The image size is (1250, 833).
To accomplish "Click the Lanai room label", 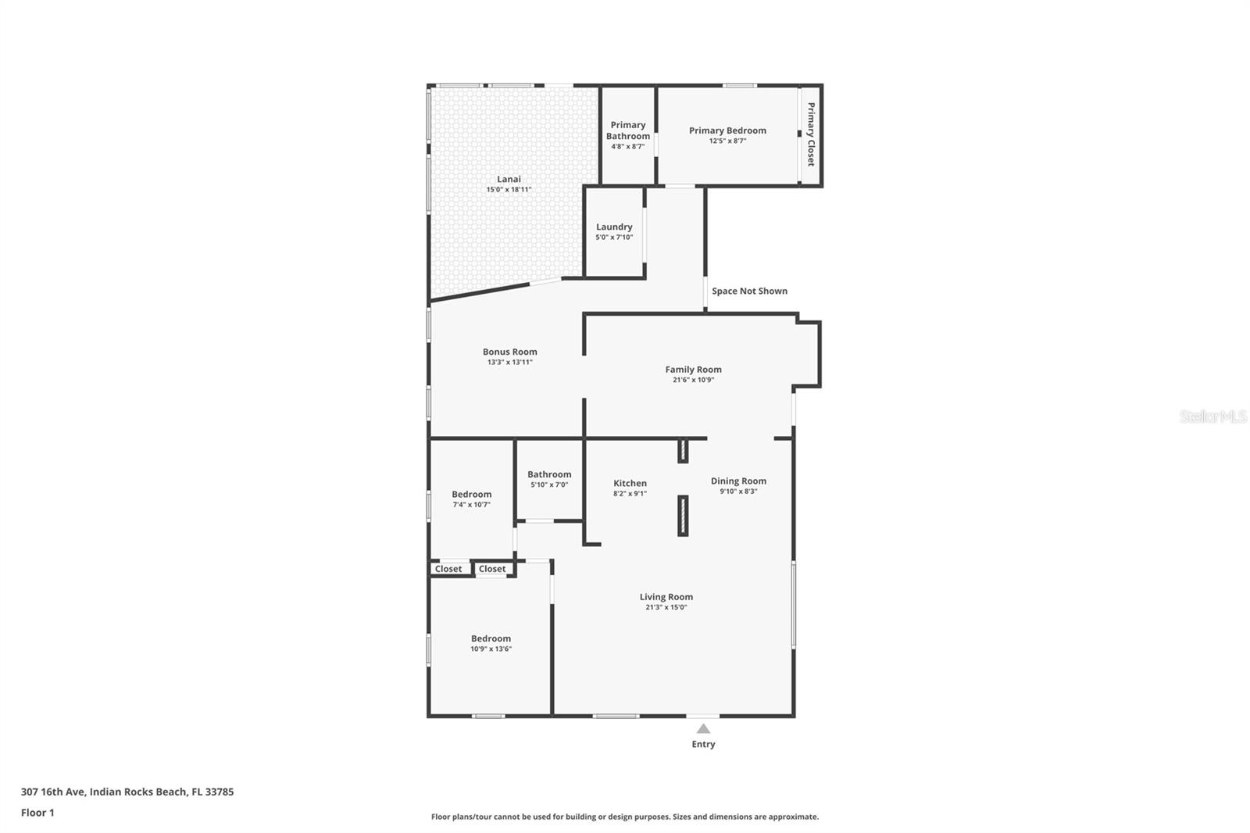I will coord(509,180).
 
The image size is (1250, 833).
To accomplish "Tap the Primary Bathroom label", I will coord(628,130).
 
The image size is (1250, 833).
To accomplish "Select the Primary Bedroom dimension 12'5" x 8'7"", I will coord(727,141).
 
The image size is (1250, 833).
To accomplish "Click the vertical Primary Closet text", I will coord(811,134).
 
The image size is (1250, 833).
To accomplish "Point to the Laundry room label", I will coord(614,227).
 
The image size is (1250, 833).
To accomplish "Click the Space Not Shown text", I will coord(749,291).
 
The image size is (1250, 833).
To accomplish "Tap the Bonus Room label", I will coord(509,352).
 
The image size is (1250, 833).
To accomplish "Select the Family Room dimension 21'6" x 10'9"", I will coord(693,381).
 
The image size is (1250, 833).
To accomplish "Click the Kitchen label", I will coord(630,484).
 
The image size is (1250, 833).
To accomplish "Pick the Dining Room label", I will coord(738,481).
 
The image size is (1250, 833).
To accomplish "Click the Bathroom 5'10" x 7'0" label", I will coord(549,475).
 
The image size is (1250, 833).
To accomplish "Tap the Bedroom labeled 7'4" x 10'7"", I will coord(471,495).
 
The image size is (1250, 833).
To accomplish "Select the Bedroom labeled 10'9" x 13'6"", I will coord(491,639).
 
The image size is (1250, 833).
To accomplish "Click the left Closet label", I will coord(448,569).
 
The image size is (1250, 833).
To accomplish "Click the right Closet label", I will coord(492,569).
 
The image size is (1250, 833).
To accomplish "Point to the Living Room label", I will coord(666,597).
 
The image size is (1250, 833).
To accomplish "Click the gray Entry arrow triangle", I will coord(703,729).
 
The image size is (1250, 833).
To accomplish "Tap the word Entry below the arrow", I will coord(703,745).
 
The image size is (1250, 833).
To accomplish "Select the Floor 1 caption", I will coord(37,813).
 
